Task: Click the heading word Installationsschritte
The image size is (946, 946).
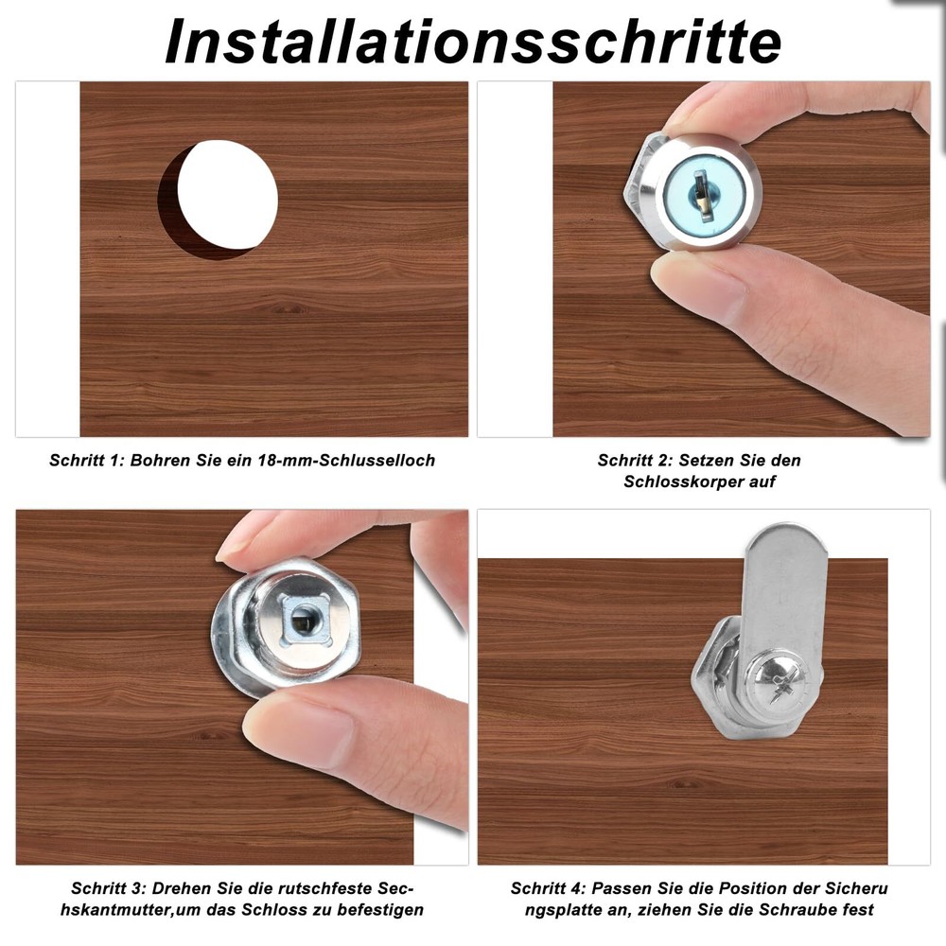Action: [x=473, y=40]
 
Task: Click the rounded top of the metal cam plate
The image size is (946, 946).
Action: [x=787, y=549]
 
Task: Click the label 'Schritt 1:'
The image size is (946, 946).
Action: [x=87, y=461]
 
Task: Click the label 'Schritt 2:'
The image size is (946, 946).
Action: [x=636, y=461]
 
